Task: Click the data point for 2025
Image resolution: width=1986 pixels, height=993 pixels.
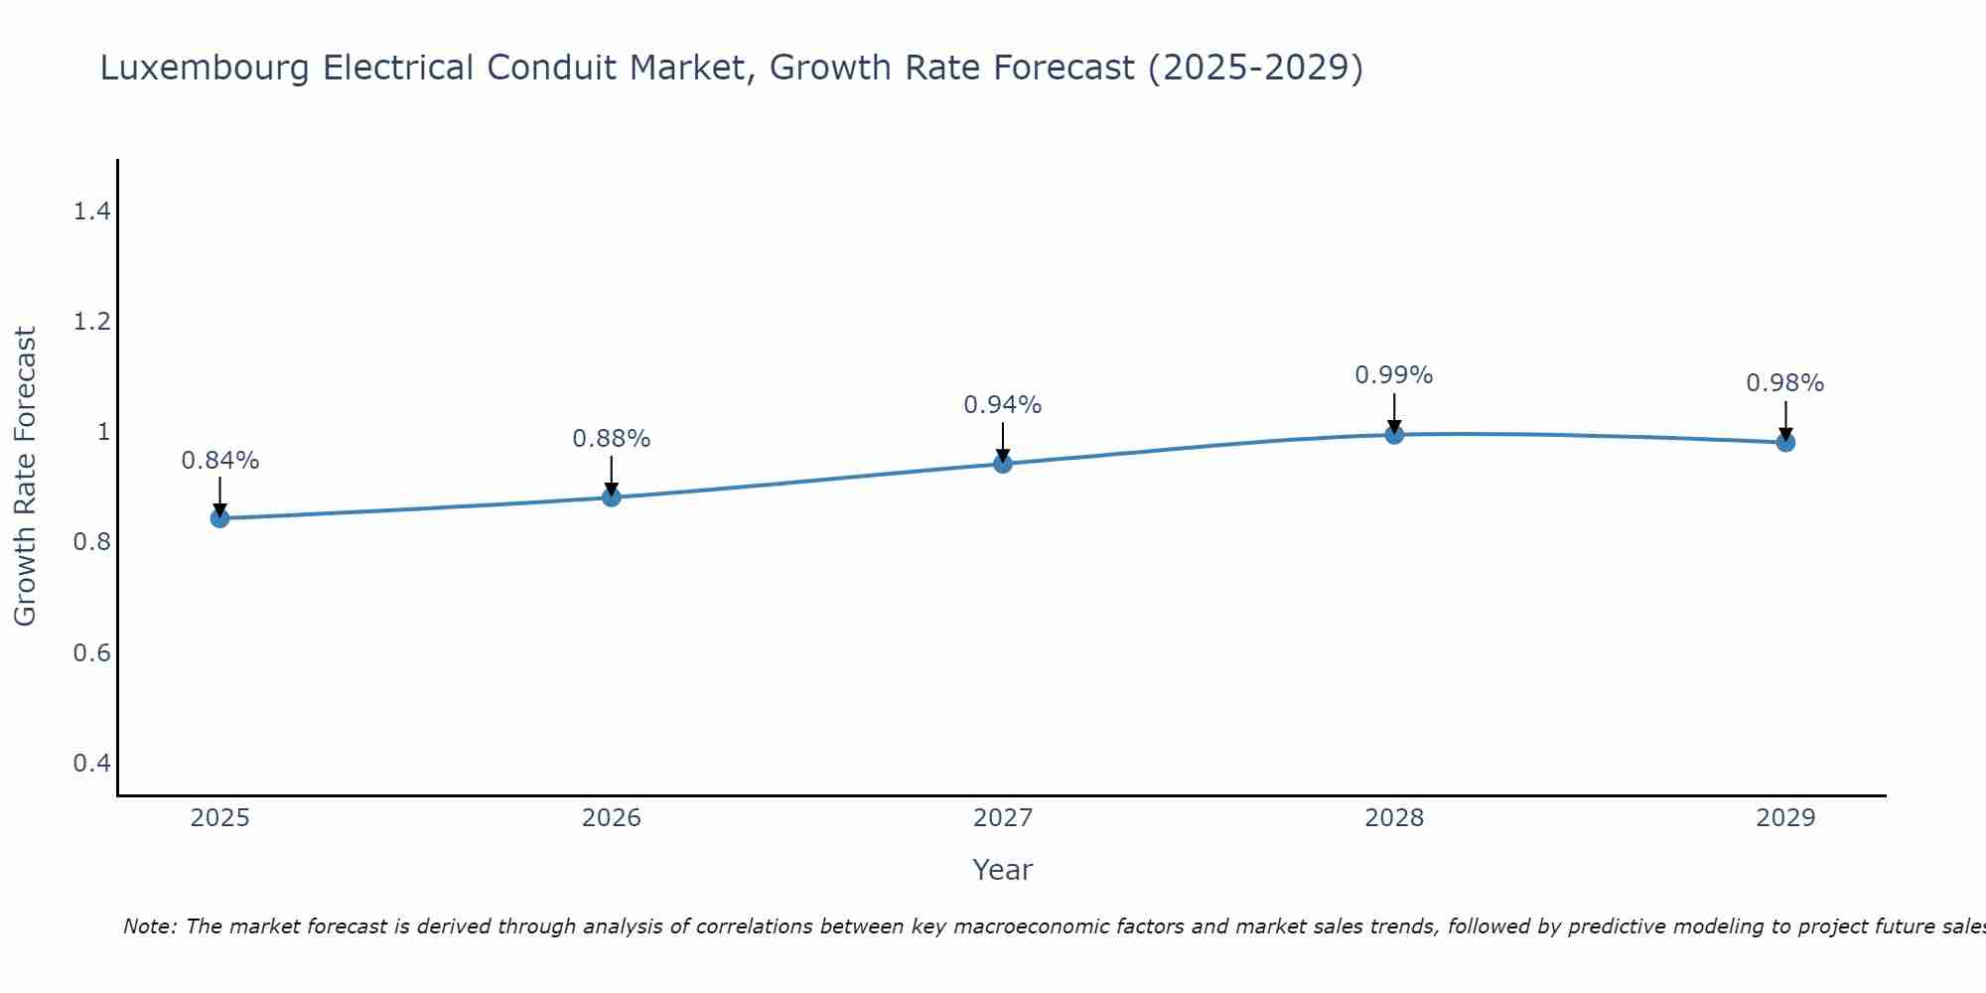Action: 220,518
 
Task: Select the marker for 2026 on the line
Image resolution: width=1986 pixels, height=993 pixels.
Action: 612,496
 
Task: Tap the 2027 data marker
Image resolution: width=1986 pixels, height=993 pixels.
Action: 1003,464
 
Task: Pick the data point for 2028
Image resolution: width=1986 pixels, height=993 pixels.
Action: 1394,434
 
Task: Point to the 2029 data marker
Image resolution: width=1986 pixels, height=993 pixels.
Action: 1785,442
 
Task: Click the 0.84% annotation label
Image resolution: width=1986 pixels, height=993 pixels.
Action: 220,461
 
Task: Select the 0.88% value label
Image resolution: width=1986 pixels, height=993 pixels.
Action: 612,439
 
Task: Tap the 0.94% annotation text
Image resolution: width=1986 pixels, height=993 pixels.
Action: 1003,405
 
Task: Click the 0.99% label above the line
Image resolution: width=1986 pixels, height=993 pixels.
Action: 1394,375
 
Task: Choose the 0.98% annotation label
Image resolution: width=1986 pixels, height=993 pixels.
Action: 1785,383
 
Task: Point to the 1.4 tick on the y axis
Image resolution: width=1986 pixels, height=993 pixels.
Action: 91,212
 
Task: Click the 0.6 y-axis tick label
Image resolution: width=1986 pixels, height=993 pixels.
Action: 91,653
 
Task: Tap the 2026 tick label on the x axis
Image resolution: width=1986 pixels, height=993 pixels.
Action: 612,818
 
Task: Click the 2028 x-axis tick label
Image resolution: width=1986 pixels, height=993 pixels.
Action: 1394,818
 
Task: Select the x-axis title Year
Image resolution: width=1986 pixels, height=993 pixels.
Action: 1003,870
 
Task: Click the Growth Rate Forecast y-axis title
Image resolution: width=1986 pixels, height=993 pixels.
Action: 25,477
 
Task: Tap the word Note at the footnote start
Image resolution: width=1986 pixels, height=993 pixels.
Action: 149,926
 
